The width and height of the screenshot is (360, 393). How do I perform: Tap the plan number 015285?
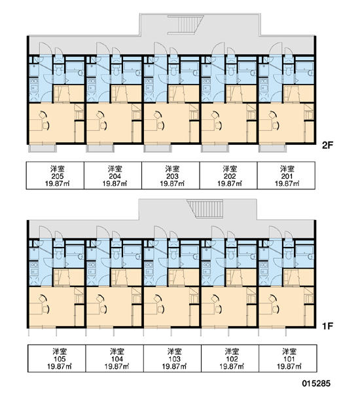pos(316,383)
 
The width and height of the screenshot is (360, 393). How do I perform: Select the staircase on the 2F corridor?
pos(186,24)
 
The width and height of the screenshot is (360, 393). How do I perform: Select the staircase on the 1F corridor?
pos(206,209)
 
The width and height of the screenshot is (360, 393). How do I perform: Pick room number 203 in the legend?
pos(173,176)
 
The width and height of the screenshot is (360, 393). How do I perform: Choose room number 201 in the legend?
pos(287,176)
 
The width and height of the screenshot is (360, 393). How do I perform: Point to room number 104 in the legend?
pos(117,359)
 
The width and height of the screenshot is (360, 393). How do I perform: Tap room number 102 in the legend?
pos(232,359)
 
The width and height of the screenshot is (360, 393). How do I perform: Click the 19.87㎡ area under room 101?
pos(289,366)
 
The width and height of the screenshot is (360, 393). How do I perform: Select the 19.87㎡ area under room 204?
pos(115,183)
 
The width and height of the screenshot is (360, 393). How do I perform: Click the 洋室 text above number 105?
pos(60,351)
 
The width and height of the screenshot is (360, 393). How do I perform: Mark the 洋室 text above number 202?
pos(230,169)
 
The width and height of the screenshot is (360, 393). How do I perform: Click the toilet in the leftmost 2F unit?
pos(59,71)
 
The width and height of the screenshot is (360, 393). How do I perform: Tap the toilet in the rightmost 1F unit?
pos(288,254)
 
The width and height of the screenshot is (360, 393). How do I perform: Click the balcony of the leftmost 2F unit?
pos(42,148)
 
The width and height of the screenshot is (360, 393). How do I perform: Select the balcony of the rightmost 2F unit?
pos(272,148)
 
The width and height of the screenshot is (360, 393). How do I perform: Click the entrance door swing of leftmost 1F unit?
pos(45,233)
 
